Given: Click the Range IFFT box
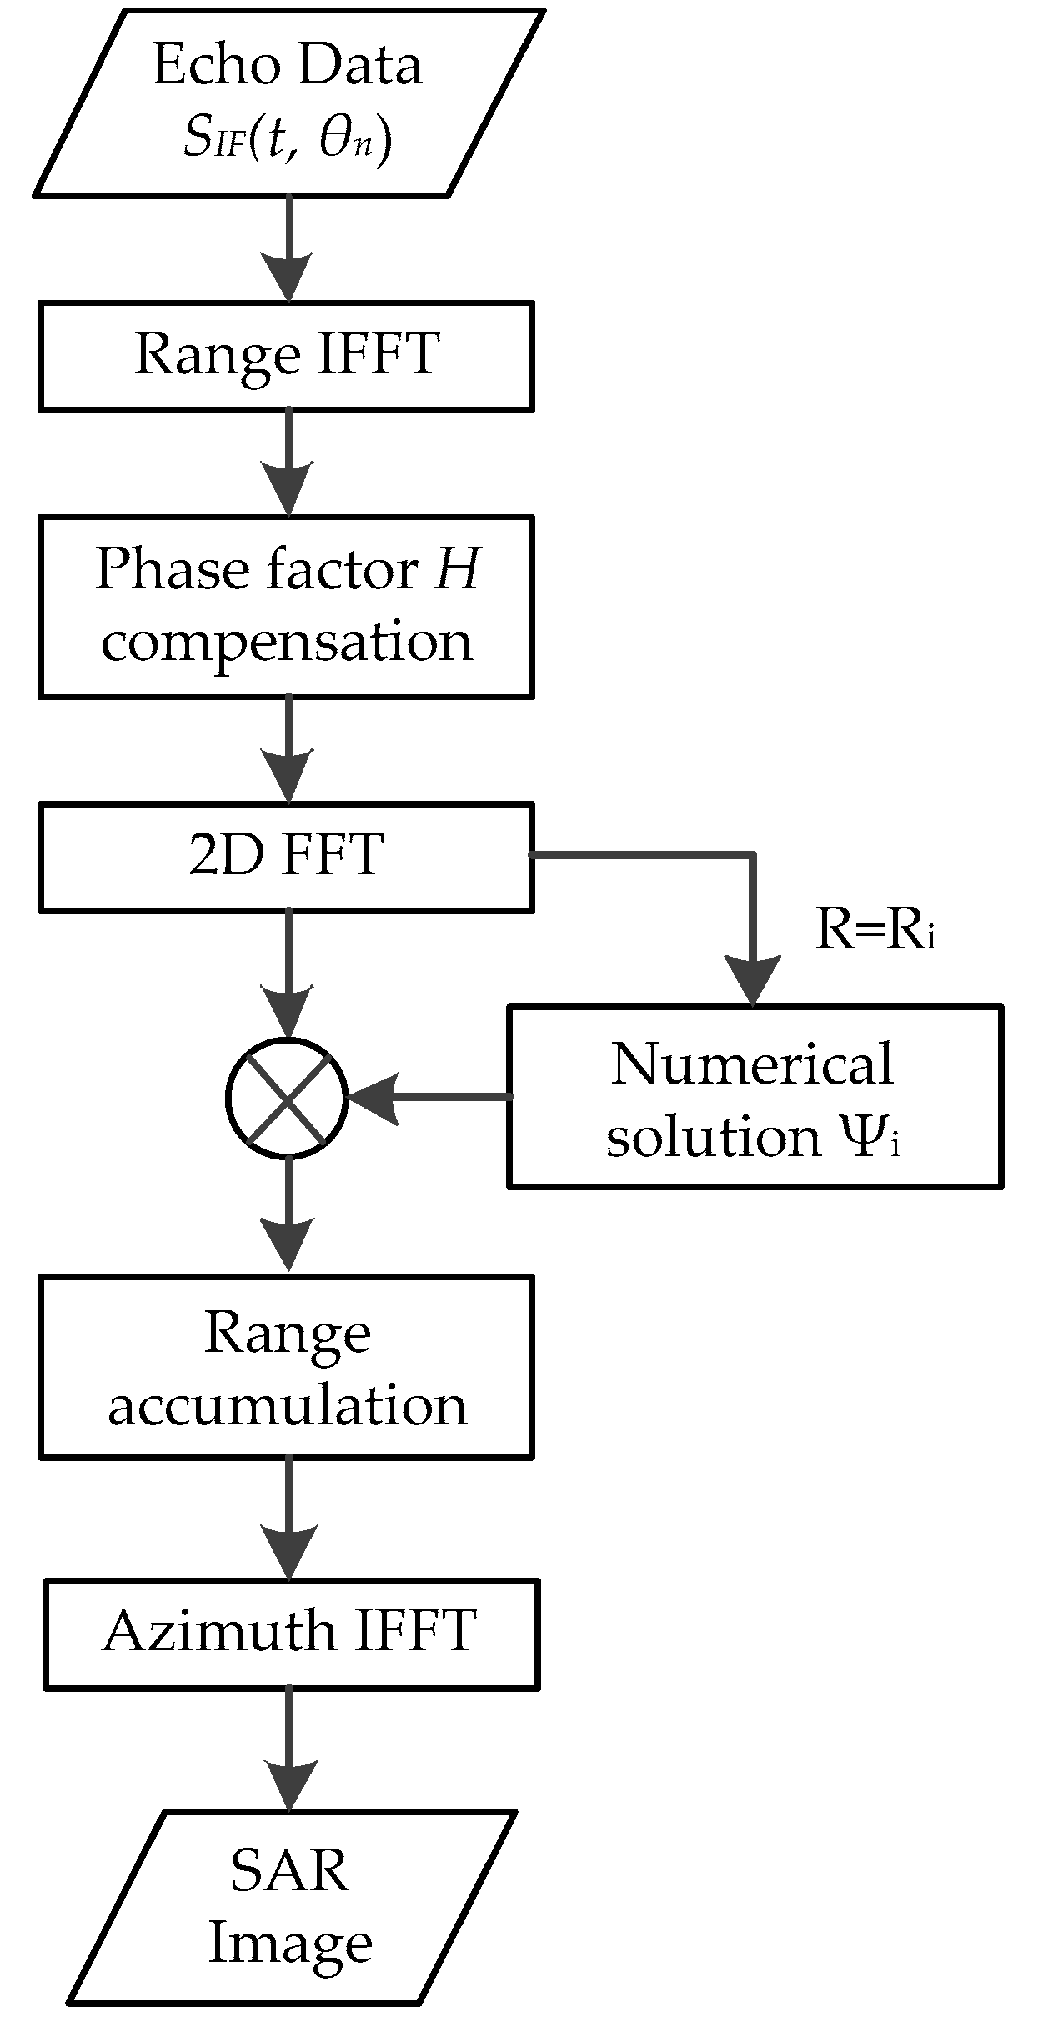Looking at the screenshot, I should click(286, 356).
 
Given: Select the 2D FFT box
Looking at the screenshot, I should click(286, 856).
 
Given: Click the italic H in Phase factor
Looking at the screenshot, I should click(457, 570).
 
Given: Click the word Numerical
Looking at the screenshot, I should click(752, 1064).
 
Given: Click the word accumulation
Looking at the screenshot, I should click(288, 1407).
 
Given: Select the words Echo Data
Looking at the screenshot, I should click(288, 65).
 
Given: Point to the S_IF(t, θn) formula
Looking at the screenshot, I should click(288, 138).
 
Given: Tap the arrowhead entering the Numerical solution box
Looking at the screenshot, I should click(753, 982).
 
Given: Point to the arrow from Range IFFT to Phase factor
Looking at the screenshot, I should click(288, 463).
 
